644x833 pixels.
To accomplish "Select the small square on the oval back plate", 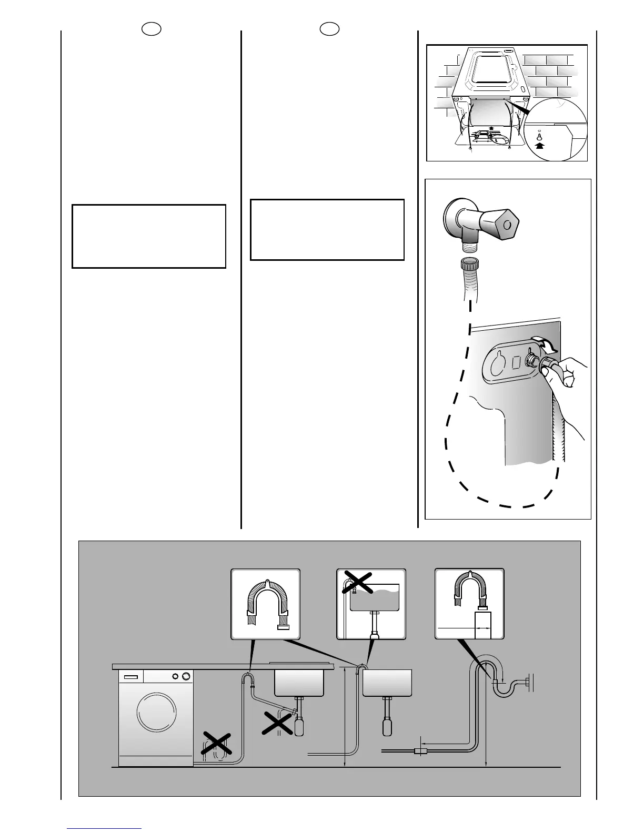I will coord(516,361).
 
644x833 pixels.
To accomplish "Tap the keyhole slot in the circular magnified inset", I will coord(539,135).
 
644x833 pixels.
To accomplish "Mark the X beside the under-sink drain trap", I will coord(278,724).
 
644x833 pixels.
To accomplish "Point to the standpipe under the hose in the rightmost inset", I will coord(482,625).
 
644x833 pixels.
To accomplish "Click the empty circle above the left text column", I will coord(152,29).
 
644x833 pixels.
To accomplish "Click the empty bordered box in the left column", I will coord(149,237).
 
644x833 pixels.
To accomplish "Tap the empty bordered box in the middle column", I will coord(327,230).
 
